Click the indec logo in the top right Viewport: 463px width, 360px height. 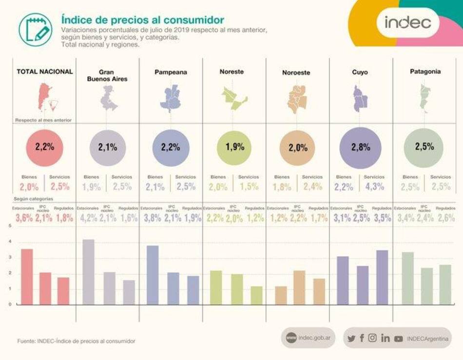pos(407,22)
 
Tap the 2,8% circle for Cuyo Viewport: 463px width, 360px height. pos(361,147)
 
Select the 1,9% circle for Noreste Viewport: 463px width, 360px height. pos(234,147)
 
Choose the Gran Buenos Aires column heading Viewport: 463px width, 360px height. pos(107,75)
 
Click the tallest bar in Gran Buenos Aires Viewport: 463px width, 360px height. pos(88,272)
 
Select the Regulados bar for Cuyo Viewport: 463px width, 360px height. pos(382,277)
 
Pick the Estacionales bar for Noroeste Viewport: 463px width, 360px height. pos(281,295)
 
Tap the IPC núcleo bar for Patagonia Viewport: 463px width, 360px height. pos(426,286)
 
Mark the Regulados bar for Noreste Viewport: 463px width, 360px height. pos(256,295)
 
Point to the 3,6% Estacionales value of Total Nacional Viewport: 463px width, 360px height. pos(24,219)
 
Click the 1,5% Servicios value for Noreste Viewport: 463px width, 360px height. pos(249,187)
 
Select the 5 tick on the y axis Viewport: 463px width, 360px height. pos(10,226)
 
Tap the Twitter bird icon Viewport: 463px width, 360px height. pos(351,338)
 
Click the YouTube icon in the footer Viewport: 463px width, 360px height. pos(399,338)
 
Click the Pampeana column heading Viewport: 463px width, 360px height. pos(171,72)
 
